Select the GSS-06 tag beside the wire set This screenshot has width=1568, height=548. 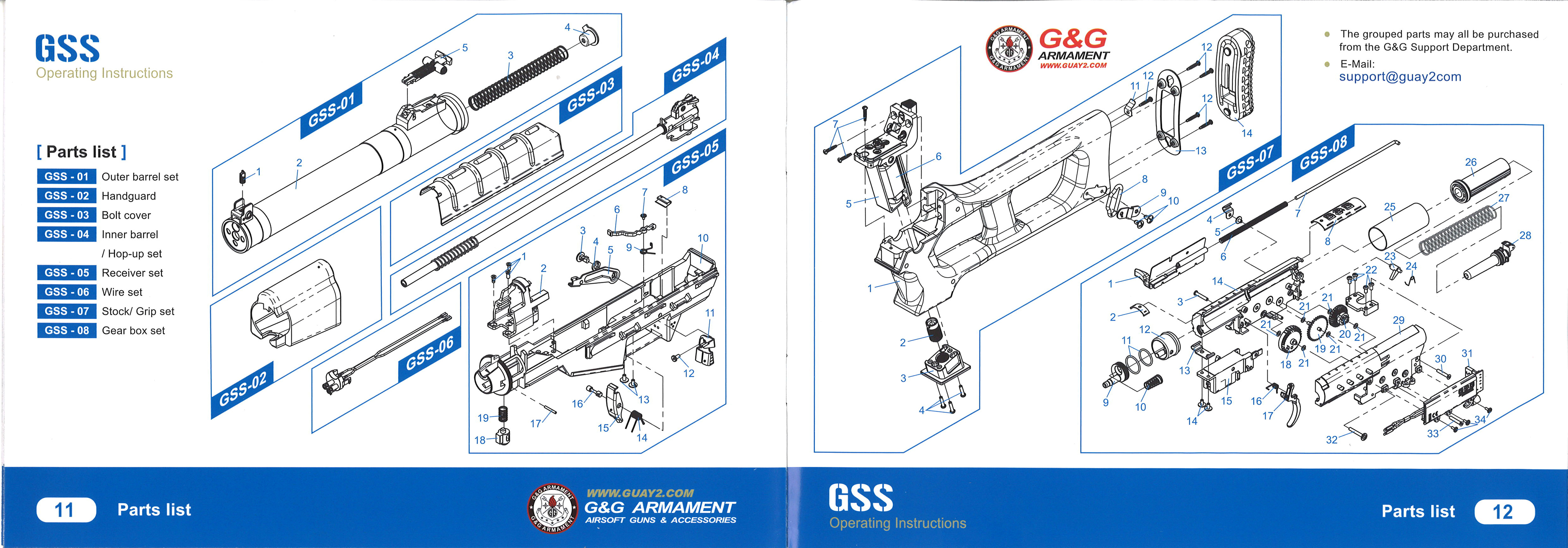point(429,354)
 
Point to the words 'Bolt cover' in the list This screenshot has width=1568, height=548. point(126,215)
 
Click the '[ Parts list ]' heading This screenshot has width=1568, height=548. point(82,152)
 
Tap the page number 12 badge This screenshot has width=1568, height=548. point(1503,512)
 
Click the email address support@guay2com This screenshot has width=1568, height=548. point(1399,77)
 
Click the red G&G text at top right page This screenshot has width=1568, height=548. point(1073,39)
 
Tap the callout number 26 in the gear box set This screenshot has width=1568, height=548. point(1470,162)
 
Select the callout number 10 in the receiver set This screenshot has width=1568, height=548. point(702,238)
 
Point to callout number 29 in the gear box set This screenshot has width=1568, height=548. point(1398,320)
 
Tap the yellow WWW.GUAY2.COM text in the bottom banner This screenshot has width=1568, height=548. point(640,493)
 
